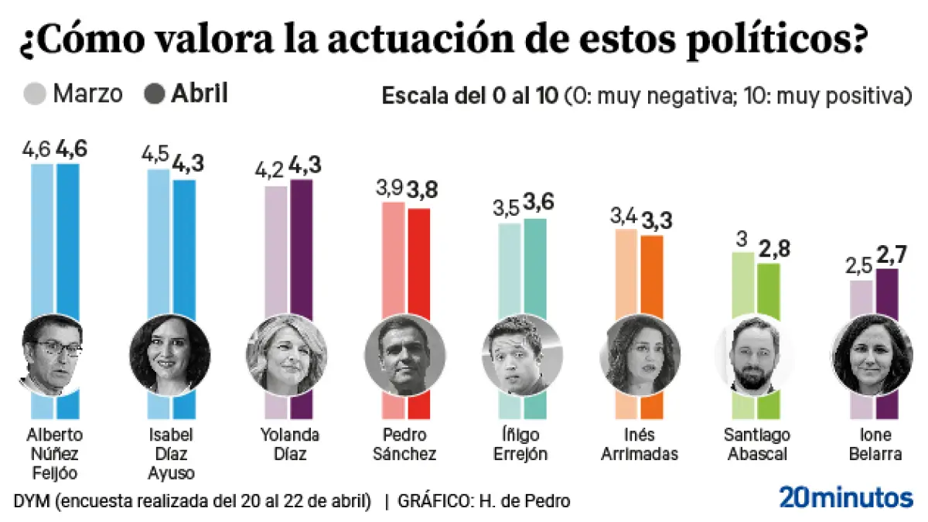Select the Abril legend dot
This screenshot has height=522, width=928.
[x=155, y=94]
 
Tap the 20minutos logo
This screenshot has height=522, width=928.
[x=845, y=497]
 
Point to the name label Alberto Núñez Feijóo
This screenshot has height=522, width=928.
[x=54, y=453]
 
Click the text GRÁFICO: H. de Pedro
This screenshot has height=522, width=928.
[x=484, y=500]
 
